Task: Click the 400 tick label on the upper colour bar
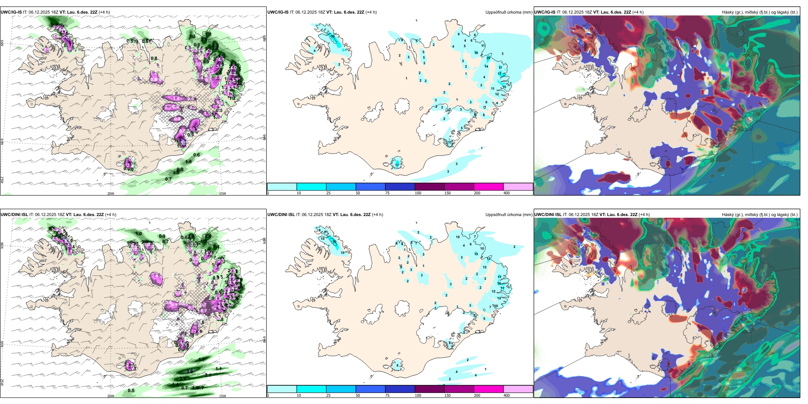coord(506,193)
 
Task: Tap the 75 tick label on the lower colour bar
coord(387,395)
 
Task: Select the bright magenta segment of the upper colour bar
coord(489,187)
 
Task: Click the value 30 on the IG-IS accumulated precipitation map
coord(333,37)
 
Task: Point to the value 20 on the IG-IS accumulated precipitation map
coord(489,58)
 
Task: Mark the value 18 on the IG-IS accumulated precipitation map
coord(476,53)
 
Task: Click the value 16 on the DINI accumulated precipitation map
coord(499,283)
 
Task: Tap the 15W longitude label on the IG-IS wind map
coord(222,193)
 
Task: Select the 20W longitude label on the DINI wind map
coord(111,396)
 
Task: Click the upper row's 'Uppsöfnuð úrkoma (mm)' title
coord(509,12)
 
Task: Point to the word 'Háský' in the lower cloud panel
coord(728,215)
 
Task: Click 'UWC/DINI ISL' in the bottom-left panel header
coord(14,215)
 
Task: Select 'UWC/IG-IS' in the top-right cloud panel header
coord(545,12)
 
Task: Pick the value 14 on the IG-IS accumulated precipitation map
coord(487,66)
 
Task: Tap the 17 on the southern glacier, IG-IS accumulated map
coord(397,165)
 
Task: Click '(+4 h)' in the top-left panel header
coord(104,12)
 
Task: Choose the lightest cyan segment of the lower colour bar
coord(282,389)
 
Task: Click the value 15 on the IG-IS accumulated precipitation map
coord(504,87)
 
